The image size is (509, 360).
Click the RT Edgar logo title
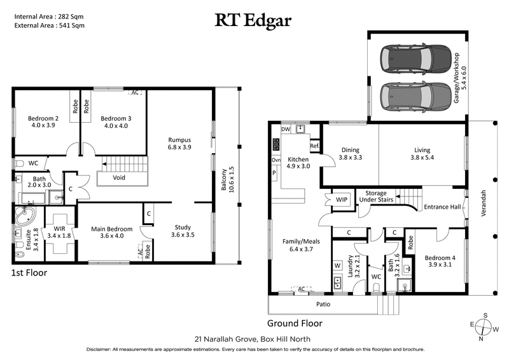pyautogui.click(x=254, y=20)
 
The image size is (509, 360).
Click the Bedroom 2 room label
pyautogui.click(x=43, y=122)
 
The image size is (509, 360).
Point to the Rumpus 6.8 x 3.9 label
pyautogui.click(x=179, y=143)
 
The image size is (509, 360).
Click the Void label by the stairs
pyautogui.click(x=119, y=177)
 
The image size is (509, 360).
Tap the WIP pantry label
pyautogui.click(x=341, y=200)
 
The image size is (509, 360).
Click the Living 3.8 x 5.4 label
pyautogui.click(x=422, y=155)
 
